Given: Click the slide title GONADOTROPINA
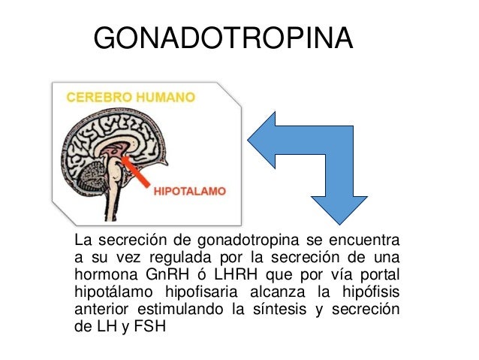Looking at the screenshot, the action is point(224,38).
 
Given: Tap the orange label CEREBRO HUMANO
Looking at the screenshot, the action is point(132,96).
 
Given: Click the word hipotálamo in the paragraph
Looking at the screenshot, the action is point(107,290).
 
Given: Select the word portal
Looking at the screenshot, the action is point(378,272).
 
